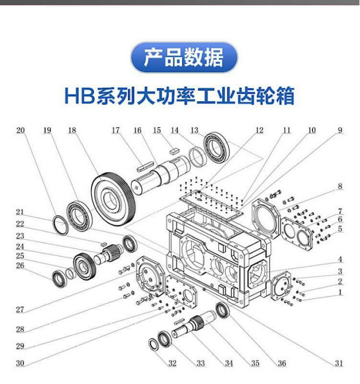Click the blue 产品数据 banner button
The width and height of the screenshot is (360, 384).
tap(184, 58)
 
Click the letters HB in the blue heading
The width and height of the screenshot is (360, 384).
tap(79, 96)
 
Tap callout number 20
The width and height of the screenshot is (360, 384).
tap(21, 130)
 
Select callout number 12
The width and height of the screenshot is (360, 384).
tap(259, 130)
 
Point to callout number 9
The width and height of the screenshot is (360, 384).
tap(340, 130)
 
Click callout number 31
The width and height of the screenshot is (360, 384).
tap(339, 363)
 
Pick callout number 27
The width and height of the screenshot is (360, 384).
tap(20, 310)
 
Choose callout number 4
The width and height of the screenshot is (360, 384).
tap(340, 259)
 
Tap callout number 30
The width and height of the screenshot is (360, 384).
tap(20, 363)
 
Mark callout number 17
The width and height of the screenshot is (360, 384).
tap(116, 130)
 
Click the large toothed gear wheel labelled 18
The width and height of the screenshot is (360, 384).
tap(113, 200)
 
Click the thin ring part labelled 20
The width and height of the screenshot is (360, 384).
tap(61, 225)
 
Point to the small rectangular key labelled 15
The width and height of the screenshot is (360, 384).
tap(173, 150)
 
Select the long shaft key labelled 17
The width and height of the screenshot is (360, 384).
tap(145, 164)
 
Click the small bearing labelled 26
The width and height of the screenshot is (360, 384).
tap(59, 279)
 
